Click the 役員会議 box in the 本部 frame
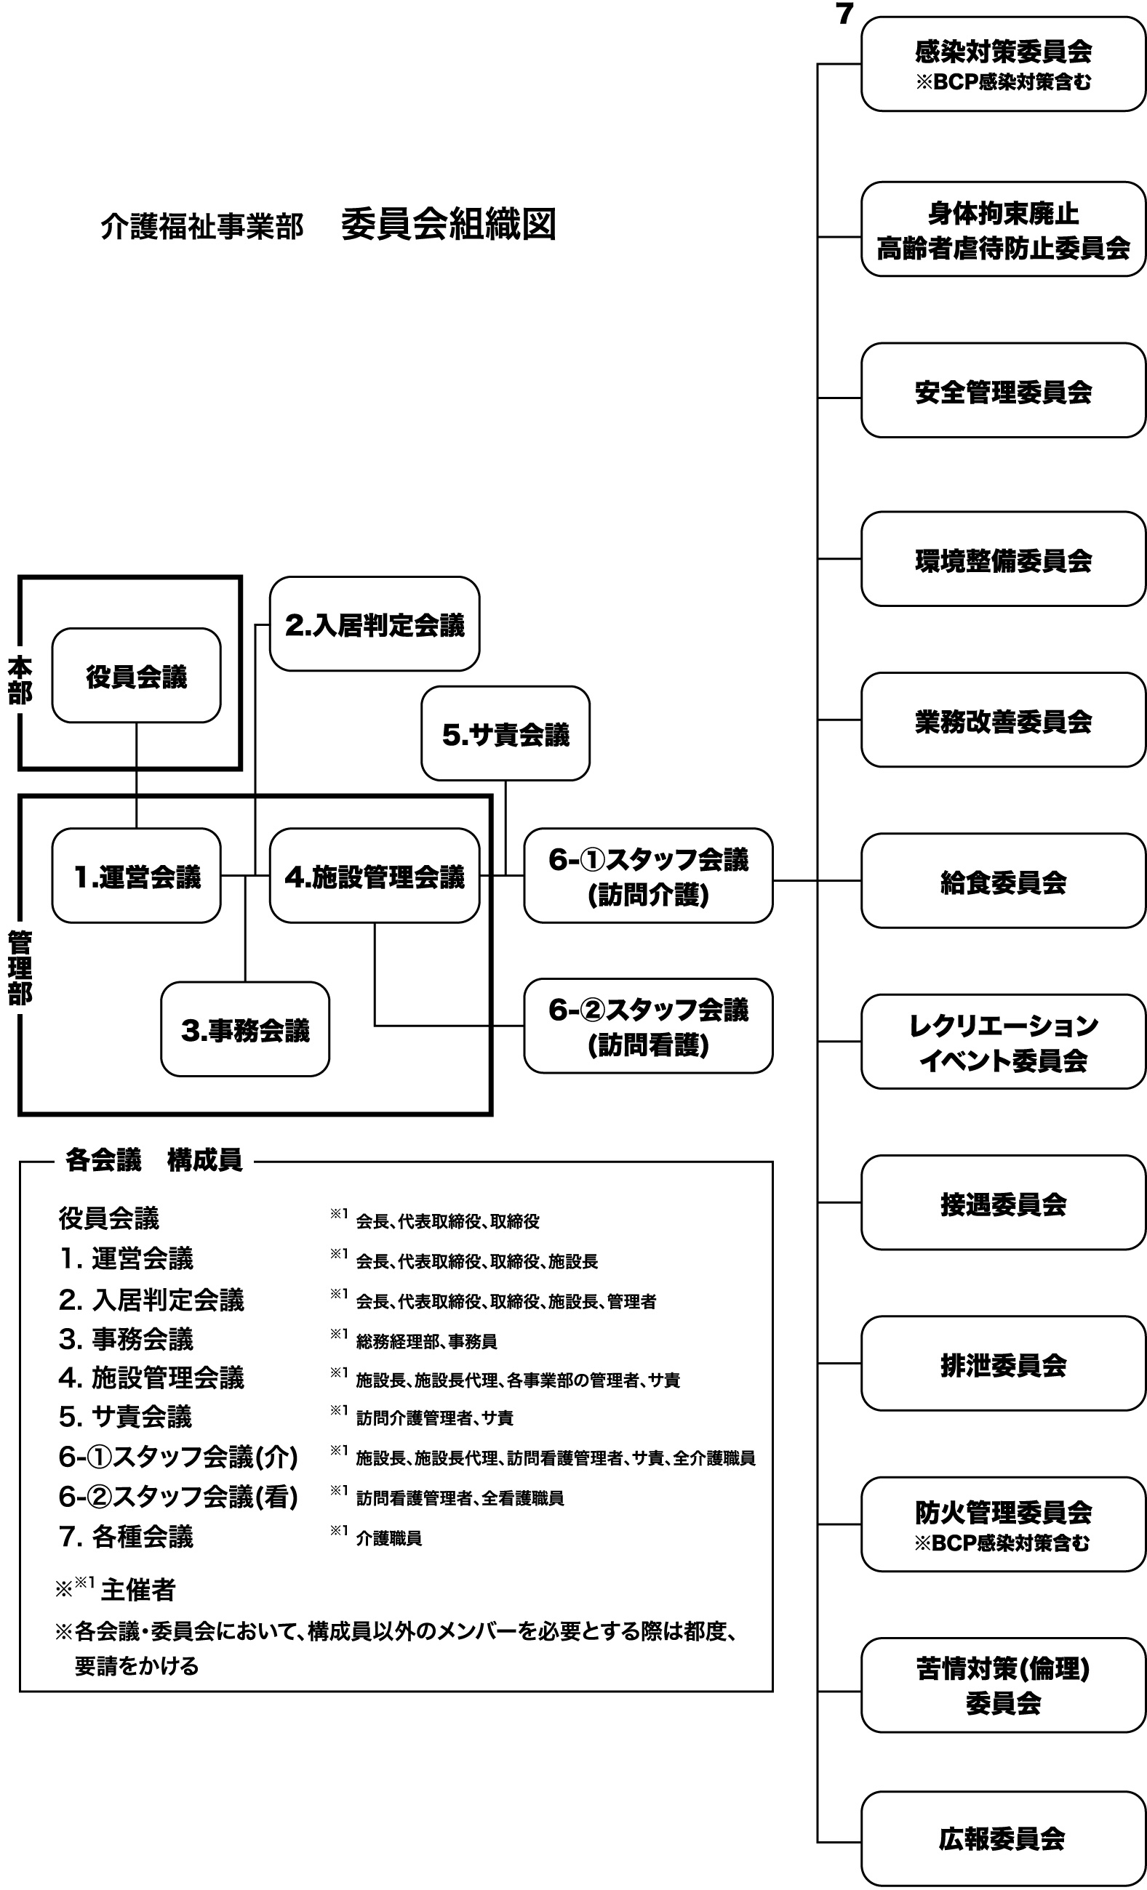(x=136, y=676)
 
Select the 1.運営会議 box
(x=136, y=875)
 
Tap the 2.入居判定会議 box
(x=374, y=624)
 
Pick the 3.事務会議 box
(x=244, y=1029)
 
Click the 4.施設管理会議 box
(x=374, y=875)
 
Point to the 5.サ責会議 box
(x=505, y=733)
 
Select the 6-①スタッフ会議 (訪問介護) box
(x=647, y=875)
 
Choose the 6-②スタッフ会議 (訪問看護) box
(x=647, y=1026)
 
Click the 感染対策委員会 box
(x=1003, y=65)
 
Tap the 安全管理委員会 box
(x=1003, y=390)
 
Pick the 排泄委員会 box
(x=1003, y=1363)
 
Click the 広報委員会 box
(x=1003, y=1838)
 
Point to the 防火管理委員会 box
(x=1003, y=1524)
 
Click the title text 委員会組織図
(x=448, y=225)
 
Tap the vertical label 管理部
(x=20, y=967)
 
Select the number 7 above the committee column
(x=844, y=14)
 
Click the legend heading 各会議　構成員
(x=153, y=1161)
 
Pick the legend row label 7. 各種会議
(x=126, y=1537)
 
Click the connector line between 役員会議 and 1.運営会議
(x=137, y=775)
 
